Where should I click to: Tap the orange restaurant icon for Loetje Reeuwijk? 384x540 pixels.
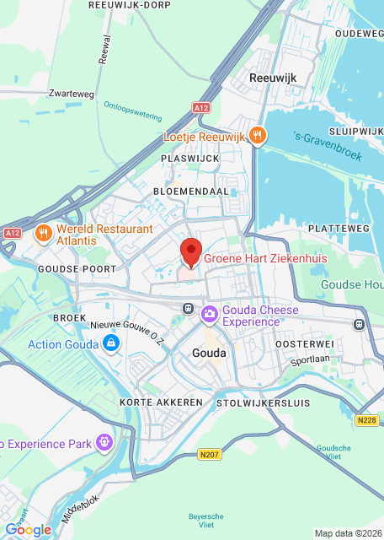coord(258,135)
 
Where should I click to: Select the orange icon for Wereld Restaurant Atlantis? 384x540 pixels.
coord(40,234)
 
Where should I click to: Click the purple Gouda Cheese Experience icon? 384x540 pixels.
coord(209,315)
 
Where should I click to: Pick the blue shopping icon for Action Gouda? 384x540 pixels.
coord(110,343)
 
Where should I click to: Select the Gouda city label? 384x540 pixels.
coord(209,353)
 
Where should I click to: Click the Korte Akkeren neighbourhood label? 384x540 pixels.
coord(161,402)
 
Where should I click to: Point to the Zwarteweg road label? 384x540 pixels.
coord(71,93)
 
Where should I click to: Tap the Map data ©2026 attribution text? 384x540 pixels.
coord(348,533)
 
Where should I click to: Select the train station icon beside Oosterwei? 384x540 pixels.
coord(360,324)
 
